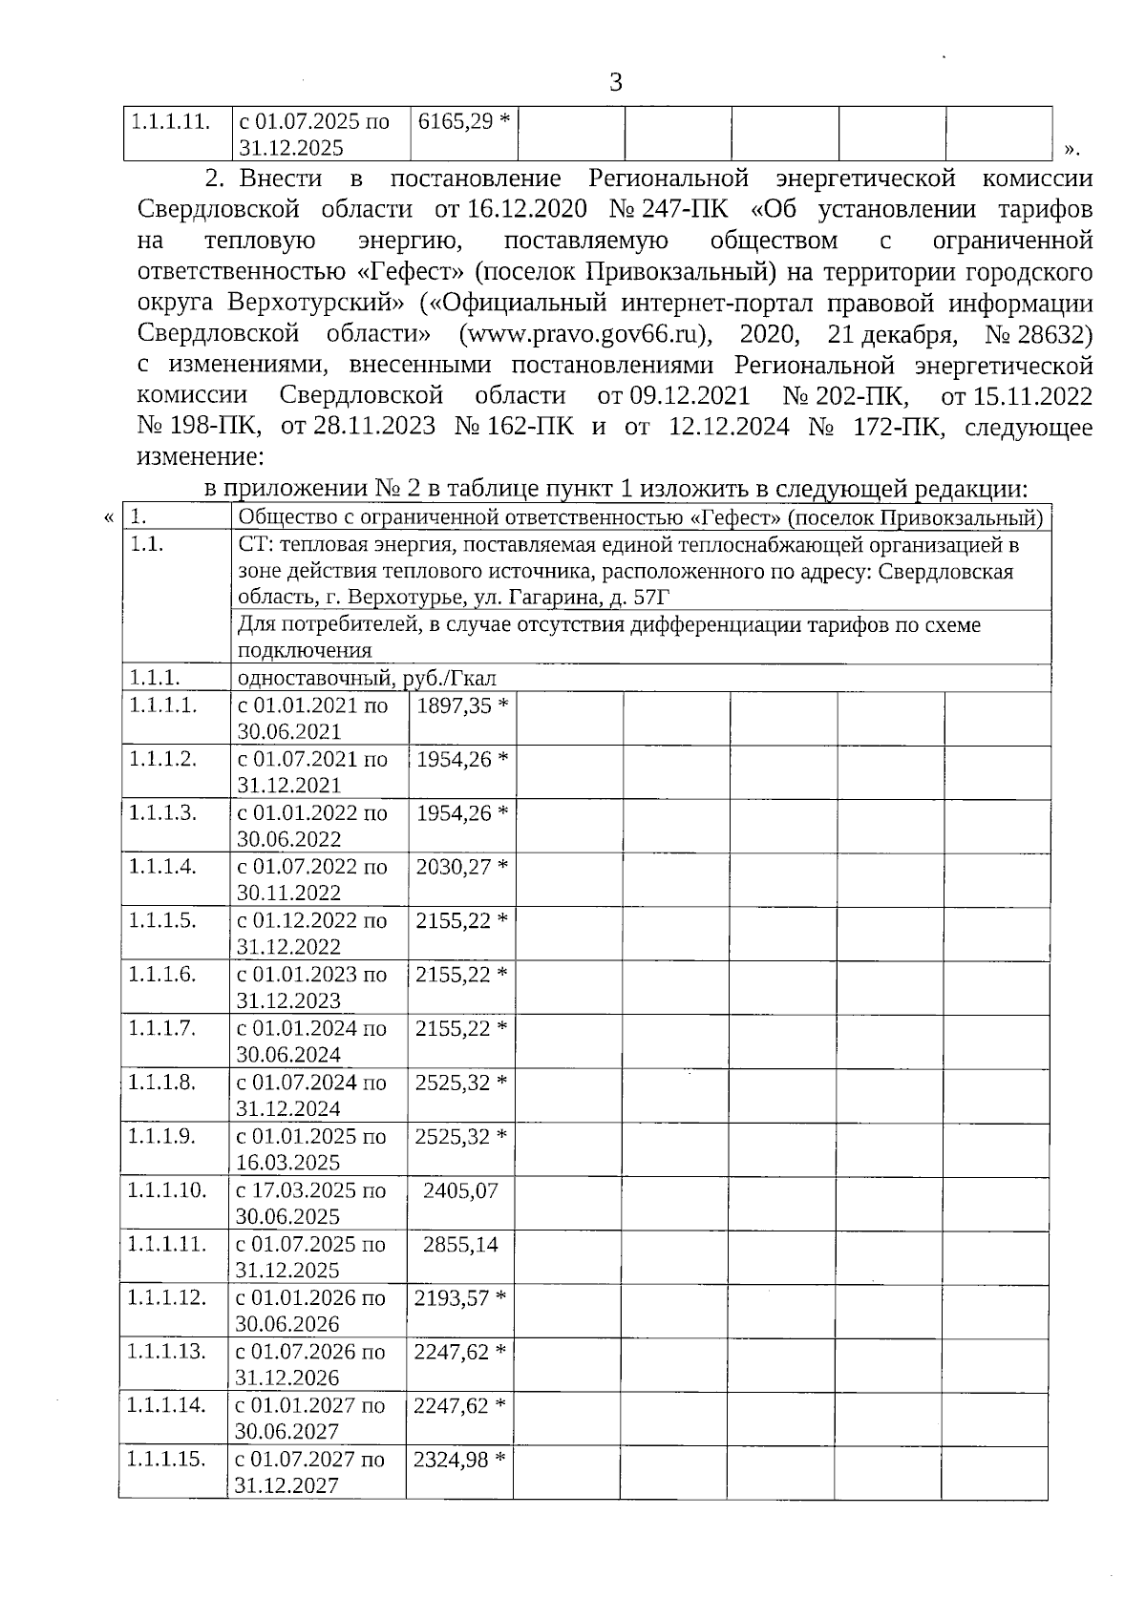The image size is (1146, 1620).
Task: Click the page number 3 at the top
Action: tap(616, 82)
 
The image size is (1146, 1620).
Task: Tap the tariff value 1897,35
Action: tap(454, 705)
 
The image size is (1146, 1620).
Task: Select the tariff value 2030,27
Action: tap(454, 867)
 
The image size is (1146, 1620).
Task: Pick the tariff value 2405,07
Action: tap(460, 1190)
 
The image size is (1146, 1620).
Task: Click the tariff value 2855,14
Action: tap(460, 1244)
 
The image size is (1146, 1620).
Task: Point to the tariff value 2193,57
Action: tap(452, 1297)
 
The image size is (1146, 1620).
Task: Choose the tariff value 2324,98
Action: tap(451, 1459)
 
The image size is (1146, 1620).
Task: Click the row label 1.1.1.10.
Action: tap(166, 1190)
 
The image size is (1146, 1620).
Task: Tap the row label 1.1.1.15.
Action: tap(165, 1459)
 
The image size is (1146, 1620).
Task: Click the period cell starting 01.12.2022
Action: tap(312, 934)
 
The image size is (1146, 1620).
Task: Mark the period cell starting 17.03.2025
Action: tap(311, 1203)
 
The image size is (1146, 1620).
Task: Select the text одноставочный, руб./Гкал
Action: tap(368, 679)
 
